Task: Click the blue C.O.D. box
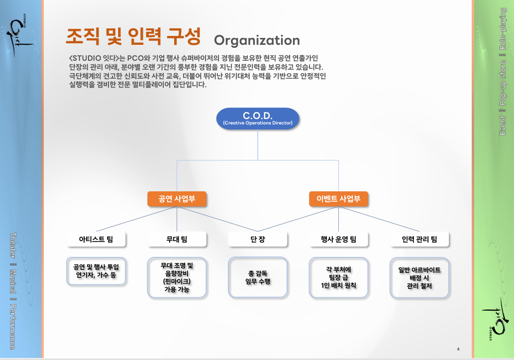257,119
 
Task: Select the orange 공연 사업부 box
177,199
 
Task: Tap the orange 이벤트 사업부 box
338,199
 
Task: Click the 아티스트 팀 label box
96,240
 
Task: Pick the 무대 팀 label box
177,240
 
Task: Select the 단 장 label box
258,240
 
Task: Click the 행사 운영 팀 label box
338,240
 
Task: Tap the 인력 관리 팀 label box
419,240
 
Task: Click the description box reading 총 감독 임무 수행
258,277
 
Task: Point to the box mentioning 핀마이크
177,277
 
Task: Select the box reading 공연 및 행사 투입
96,270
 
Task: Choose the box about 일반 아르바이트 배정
419,277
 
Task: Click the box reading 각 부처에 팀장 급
338,277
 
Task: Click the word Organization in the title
257,40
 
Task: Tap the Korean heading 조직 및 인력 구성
133,36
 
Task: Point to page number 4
458,349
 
